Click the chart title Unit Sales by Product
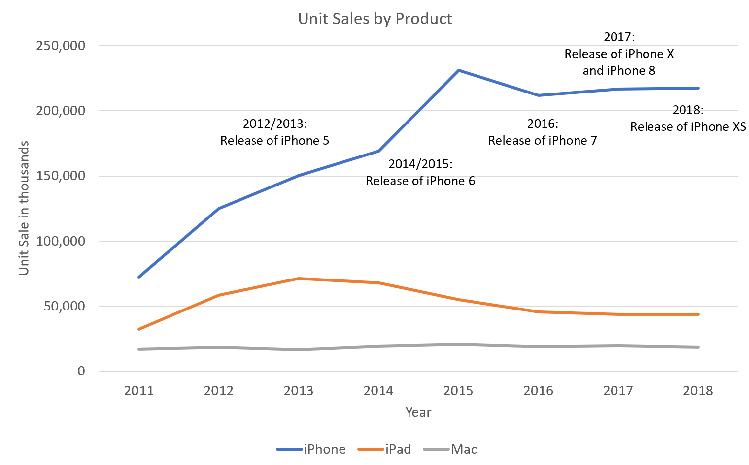(375, 19)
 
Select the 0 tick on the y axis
(81, 371)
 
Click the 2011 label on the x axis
(139, 391)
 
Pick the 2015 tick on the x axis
(458, 391)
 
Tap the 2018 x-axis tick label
(698, 391)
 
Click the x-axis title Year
(418, 412)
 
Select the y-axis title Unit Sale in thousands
(24, 208)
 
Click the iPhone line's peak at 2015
(458, 70)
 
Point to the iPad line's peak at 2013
(299, 279)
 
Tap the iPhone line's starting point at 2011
(139, 277)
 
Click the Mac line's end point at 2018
(698, 347)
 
